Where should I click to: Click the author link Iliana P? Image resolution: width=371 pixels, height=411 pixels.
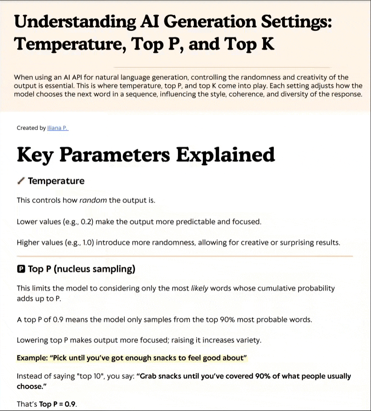[x=58, y=128]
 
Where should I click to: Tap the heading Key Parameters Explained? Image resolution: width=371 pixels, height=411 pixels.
[x=146, y=155]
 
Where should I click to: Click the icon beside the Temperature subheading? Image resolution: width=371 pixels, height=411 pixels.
[x=21, y=181]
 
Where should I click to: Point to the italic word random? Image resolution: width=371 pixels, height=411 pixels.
[x=93, y=200]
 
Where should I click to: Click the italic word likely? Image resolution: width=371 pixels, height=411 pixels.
[x=200, y=288]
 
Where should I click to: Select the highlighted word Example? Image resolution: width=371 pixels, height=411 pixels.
[x=32, y=358]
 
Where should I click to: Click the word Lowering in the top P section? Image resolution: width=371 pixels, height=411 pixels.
[x=32, y=340]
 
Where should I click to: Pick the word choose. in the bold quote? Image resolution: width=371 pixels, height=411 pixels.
[x=29, y=387]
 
